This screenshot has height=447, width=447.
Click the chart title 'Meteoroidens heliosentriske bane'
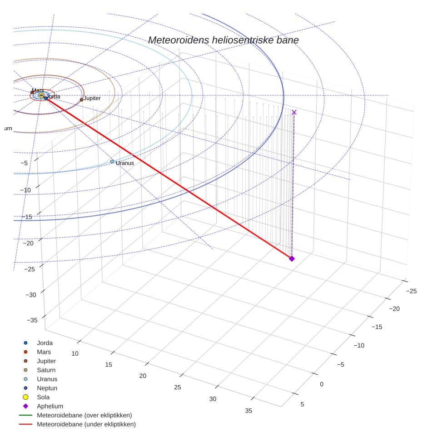(223, 40)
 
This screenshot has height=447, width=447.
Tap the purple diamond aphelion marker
(292, 258)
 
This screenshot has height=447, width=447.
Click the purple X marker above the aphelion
(294, 112)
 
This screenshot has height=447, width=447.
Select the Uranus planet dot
(112, 161)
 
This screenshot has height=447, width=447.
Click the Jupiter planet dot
(82, 99)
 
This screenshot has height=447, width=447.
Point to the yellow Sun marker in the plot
(41, 95)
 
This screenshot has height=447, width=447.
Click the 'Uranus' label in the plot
(125, 163)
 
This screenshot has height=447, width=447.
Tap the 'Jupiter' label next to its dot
(92, 98)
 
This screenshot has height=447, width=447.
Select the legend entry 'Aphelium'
(50, 406)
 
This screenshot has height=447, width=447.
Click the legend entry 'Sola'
(44, 397)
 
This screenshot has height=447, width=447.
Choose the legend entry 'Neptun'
(47, 388)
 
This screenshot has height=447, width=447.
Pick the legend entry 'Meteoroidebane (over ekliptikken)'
(84, 415)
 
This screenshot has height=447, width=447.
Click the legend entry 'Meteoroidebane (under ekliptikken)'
(86, 424)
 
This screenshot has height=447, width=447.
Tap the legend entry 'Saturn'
(46, 370)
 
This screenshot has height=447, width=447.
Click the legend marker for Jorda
(26, 343)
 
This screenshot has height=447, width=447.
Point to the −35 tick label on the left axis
(32, 320)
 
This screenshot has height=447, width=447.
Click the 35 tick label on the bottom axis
(248, 411)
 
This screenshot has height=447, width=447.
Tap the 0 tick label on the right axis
(322, 384)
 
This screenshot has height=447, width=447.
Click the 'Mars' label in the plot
(38, 90)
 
